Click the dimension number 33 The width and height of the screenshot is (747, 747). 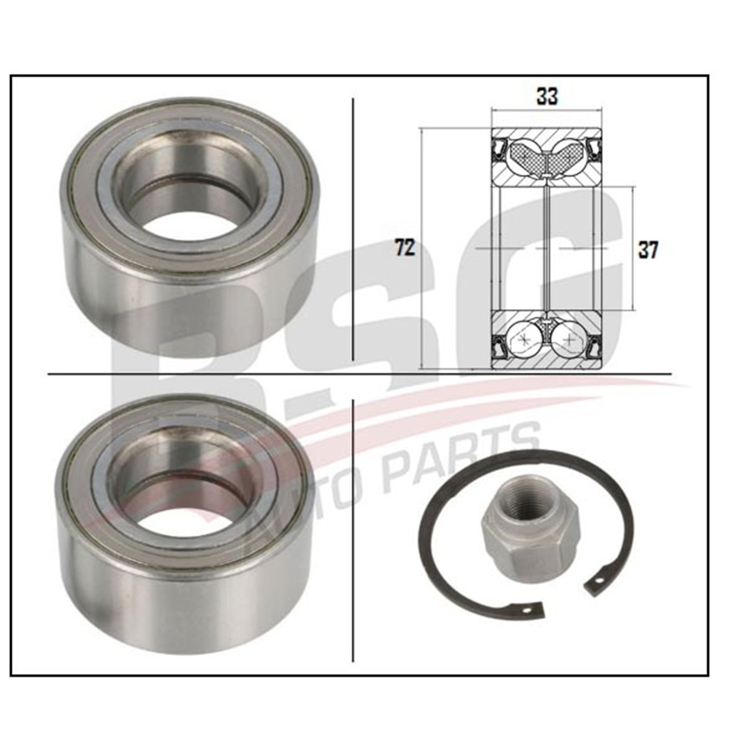click(547, 96)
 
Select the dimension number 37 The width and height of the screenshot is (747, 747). click(648, 250)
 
